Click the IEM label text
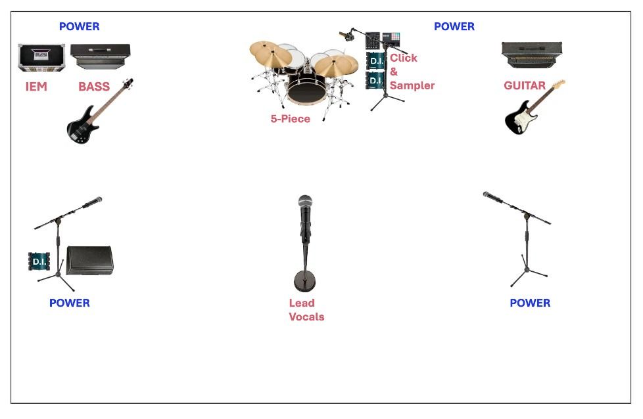point(36,87)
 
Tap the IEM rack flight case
point(41,57)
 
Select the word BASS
point(94,87)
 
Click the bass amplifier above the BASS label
point(101,56)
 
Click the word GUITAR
point(525,85)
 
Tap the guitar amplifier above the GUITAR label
point(532,55)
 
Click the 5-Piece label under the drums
point(291,119)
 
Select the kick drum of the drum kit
point(306,89)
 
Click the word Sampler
point(412,85)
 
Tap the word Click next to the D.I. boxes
point(404,58)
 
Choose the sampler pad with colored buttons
point(391,39)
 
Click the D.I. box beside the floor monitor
point(39,261)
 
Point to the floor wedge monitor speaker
point(90,260)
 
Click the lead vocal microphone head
point(305,202)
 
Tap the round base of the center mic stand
point(304,281)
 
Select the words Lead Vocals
point(306,309)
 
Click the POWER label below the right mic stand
point(530,303)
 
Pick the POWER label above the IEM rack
point(79,26)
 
